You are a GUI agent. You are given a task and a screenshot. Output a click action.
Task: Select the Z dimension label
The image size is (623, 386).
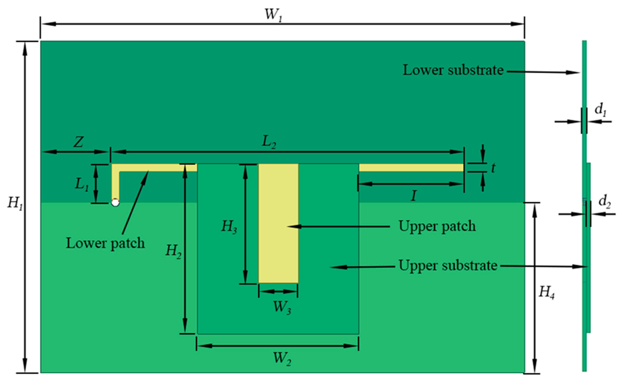tap(78, 142)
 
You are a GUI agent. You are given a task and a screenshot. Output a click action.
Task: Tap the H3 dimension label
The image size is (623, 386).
tap(229, 227)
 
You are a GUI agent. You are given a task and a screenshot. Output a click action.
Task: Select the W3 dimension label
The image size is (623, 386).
tap(282, 307)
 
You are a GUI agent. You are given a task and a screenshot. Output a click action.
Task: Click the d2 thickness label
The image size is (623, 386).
tap(604, 202)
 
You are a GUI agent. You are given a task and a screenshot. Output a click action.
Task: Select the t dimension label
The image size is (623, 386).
tap(493, 168)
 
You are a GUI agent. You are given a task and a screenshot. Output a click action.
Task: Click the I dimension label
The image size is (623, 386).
tap(414, 196)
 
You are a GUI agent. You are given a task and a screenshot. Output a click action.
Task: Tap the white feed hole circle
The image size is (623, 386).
tap(115, 203)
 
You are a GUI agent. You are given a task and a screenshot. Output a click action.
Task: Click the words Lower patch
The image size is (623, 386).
tap(105, 243)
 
